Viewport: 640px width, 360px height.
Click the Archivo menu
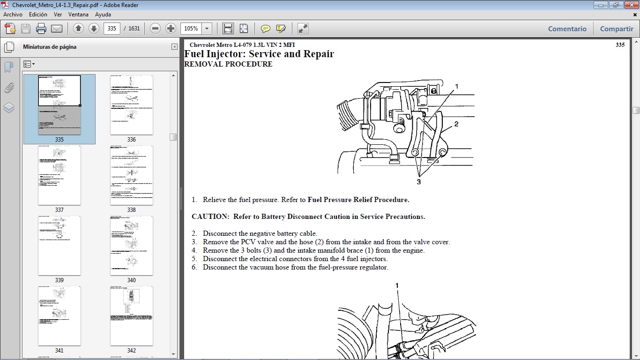click(x=13, y=15)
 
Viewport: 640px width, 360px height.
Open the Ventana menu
click(x=78, y=15)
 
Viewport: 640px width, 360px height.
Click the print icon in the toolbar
click(x=41, y=29)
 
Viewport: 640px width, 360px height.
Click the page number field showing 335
click(x=112, y=29)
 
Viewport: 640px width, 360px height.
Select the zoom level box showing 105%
click(x=191, y=29)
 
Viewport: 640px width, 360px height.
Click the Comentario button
click(x=567, y=29)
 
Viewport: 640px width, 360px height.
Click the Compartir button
click(x=617, y=29)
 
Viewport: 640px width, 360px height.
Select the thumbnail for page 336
click(x=131, y=105)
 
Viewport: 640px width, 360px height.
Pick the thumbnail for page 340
click(x=131, y=246)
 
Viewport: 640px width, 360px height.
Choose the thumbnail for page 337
click(x=60, y=175)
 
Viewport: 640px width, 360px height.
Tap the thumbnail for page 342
click(x=131, y=316)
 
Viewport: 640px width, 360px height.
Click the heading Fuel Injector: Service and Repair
click(x=259, y=54)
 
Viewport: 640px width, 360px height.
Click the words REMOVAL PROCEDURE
click(x=228, y=64)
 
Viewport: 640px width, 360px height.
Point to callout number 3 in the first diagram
click(x=419, y=182)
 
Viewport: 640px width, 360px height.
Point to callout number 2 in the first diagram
click(x=456, y=124)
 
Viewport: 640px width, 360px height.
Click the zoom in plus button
click(x=171, y=29)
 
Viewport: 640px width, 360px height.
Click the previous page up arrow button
click(x=78, y=29)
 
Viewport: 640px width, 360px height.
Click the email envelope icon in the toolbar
click(x=57, y=29)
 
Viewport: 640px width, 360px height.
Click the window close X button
click(x=629, y=5)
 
